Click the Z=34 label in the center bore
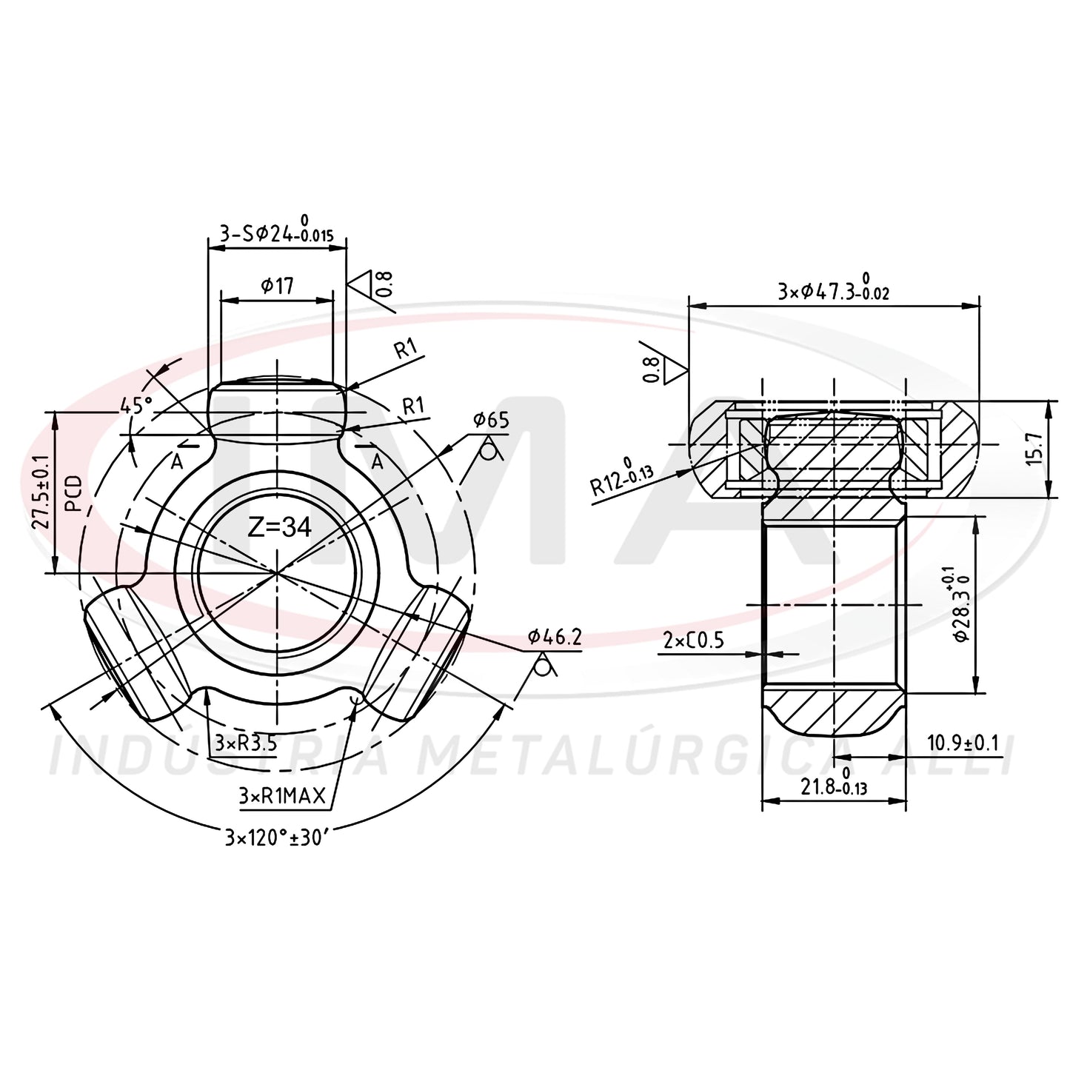coord(279,527)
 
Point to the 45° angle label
coord(136,405)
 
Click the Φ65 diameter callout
coord(491,421)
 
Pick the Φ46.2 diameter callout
coord(554,638)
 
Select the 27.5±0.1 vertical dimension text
coord(43,492)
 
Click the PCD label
coord(74,493)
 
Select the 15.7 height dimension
coord(1034,449)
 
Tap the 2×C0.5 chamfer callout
coord(694,641)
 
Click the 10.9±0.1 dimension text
coord(963,743)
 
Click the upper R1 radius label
coord(405,349)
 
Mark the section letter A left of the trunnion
coord(176,461)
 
